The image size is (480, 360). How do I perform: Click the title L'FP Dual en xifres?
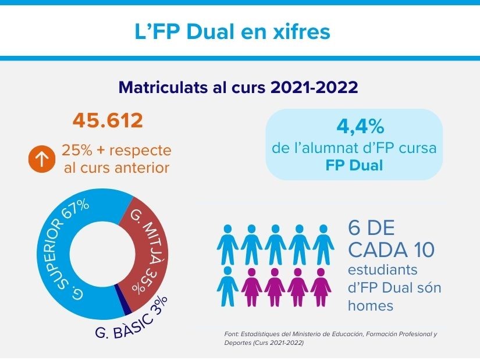tap(232, 31)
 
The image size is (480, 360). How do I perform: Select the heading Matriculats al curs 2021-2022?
tap(237, 88)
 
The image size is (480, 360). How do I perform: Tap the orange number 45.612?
tap(108, 121)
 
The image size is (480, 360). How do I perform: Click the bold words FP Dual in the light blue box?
tap(354, 165)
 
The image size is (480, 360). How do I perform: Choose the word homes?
tap(367, 305)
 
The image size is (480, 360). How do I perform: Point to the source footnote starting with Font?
tap(330, 338)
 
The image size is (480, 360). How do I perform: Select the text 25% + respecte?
tap(116, 151)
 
